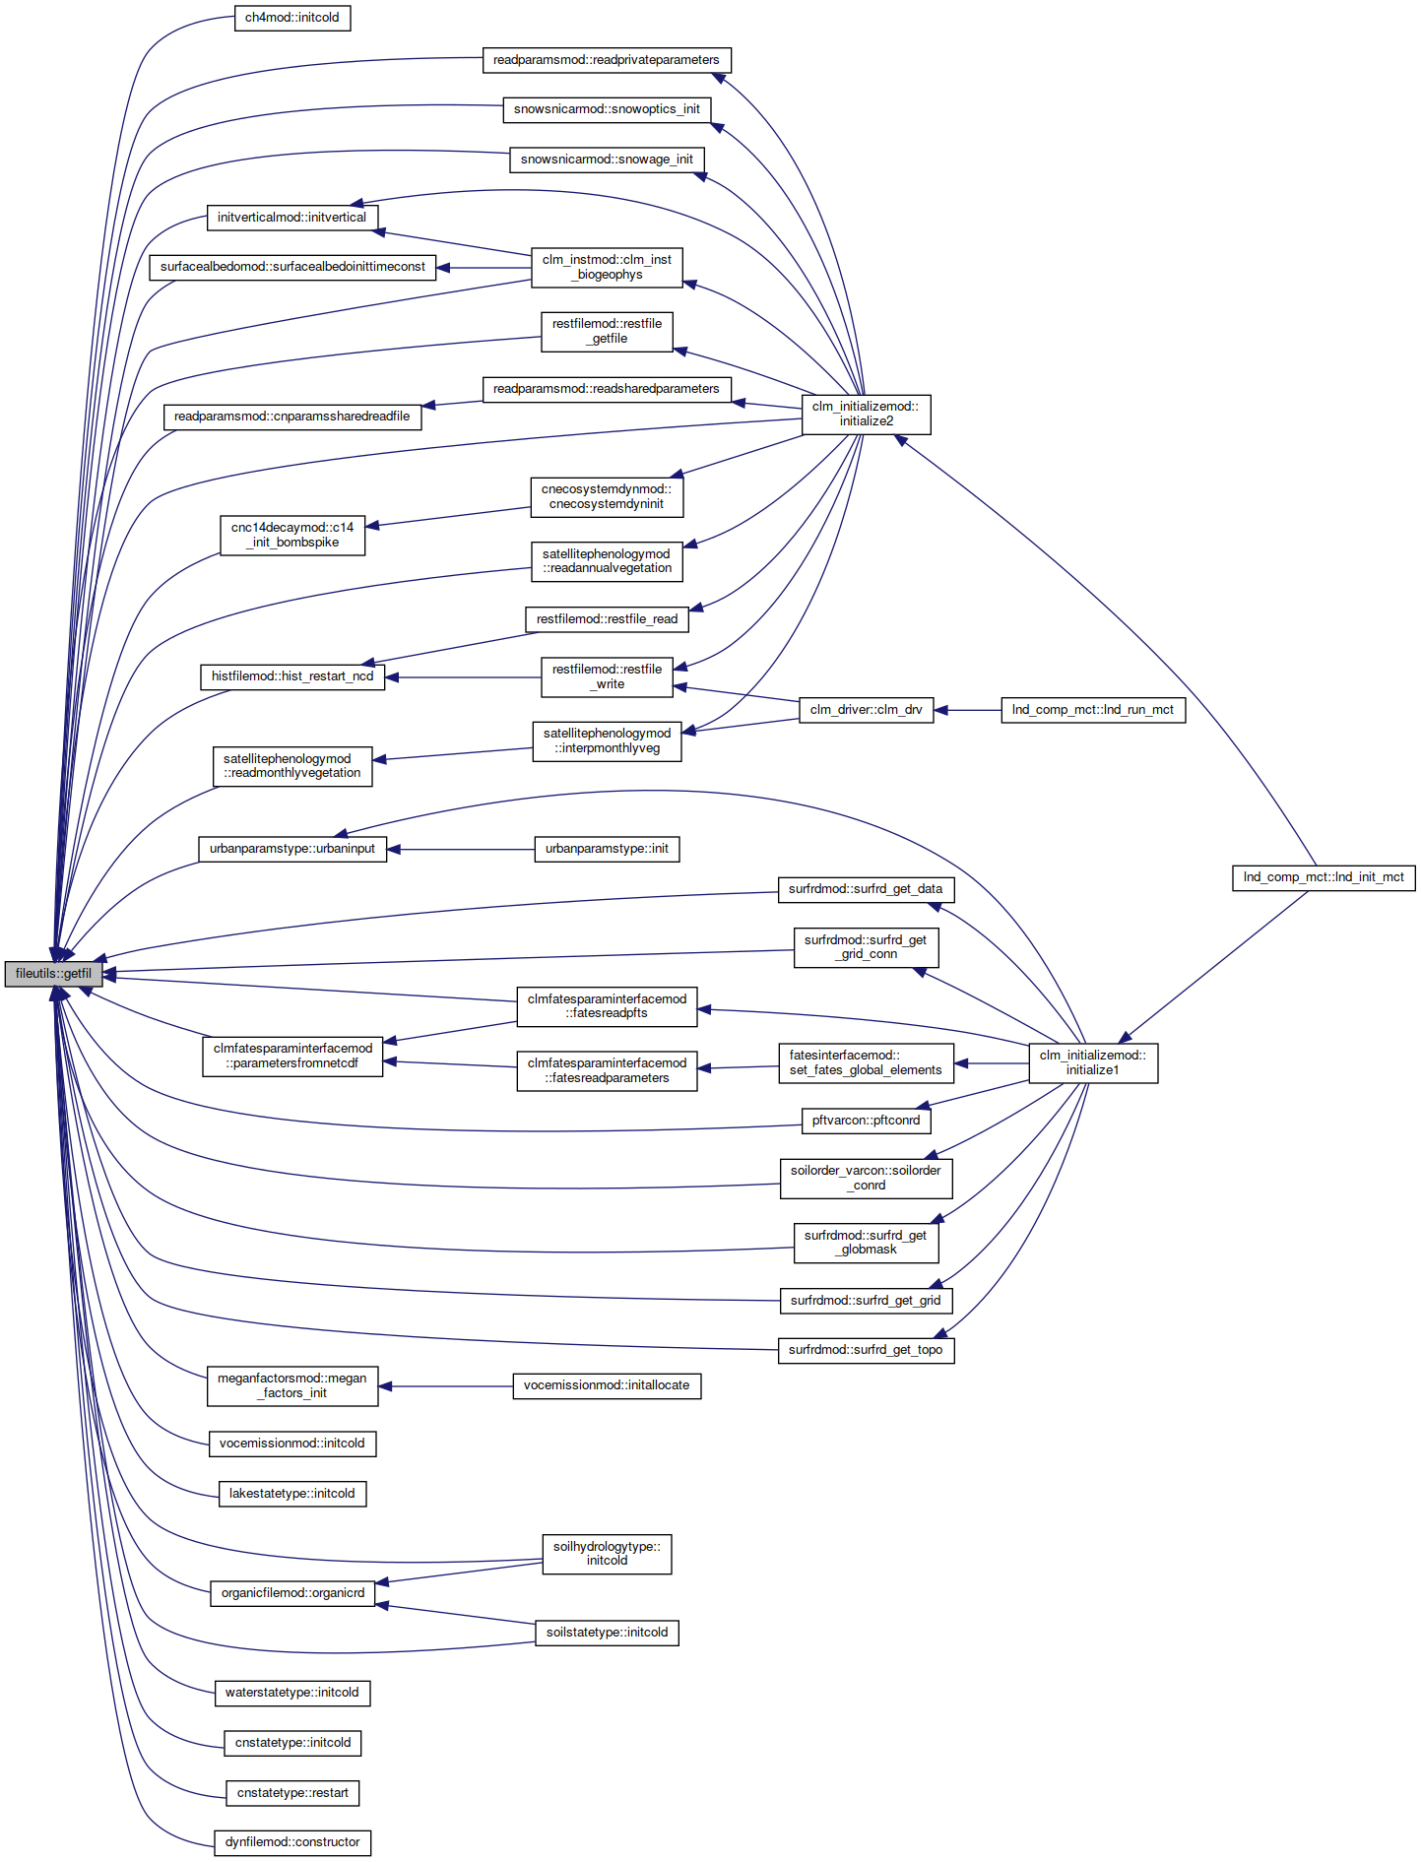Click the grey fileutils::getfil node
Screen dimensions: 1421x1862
[53, 974]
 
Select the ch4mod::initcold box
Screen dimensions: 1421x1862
[292, 18]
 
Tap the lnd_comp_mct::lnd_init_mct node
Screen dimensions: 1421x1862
[1324, 877]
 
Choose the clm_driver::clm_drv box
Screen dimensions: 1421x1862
[866, 710]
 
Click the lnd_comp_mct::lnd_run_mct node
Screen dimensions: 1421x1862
[1093, 710]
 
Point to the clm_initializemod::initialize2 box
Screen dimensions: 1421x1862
[867, 415]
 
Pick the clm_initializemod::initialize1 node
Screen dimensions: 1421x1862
[1093, 1063]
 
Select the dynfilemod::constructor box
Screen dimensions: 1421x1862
[292, 1842]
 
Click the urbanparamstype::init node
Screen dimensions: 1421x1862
[607, 849]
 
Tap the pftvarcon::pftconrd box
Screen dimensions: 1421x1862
[866, 1121]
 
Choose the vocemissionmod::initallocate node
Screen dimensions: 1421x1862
[607, 1385]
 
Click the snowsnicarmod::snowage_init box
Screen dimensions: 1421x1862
[607, 160]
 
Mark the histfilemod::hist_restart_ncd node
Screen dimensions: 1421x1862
[292, 676]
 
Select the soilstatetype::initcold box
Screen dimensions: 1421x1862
[607, 1633]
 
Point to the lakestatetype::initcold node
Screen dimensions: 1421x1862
[292, 1494]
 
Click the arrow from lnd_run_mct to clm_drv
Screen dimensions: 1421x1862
[967, 710]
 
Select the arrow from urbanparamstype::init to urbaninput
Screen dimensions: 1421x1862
[461, 849]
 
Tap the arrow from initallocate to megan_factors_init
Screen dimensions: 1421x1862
[446, 1386]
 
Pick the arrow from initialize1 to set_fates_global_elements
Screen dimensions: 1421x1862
[992, 1063]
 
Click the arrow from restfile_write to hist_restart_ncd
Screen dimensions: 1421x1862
[463, 677]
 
